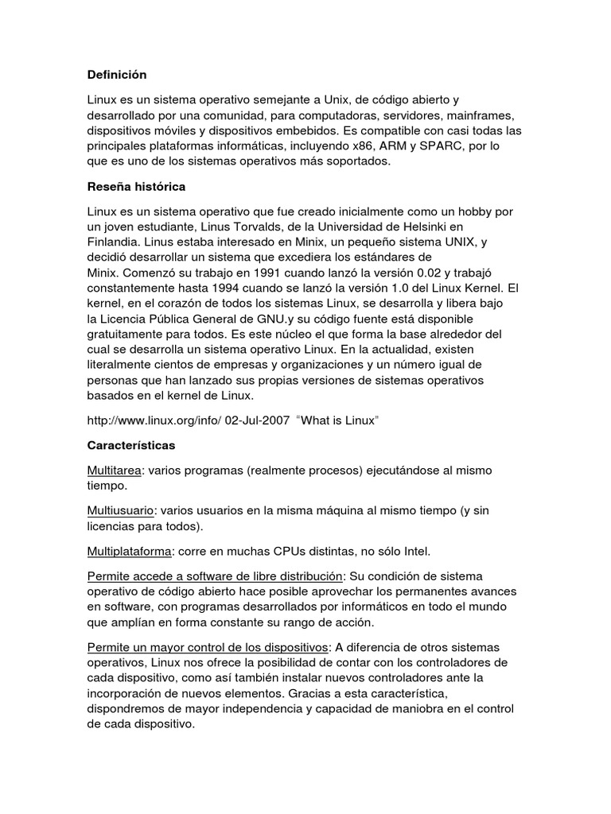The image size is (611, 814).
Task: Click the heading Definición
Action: coord(118,75)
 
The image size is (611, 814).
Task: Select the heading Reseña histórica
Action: coord(135,187)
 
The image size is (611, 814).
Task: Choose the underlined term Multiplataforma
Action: coord(130,551)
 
